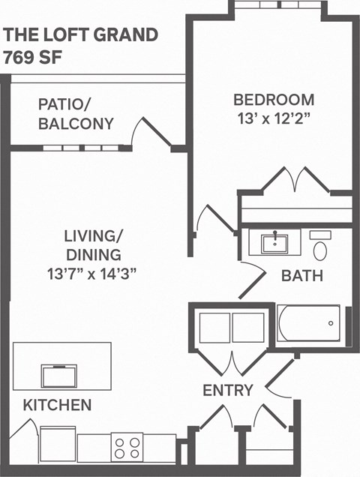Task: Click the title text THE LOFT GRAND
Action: coord(81,34)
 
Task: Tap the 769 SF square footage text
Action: coord(32,56)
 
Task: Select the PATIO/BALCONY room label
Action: coord(76,113)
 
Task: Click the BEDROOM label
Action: coord(273,100)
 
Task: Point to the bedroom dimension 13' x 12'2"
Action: coord(273,119)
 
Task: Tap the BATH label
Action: coord(301,276)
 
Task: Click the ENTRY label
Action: coord(228,390)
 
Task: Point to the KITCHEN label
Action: coord(57,406)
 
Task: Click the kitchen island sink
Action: coord(58,373)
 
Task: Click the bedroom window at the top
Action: coord(277,4)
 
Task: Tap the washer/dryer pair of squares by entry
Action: coord(230,328)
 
